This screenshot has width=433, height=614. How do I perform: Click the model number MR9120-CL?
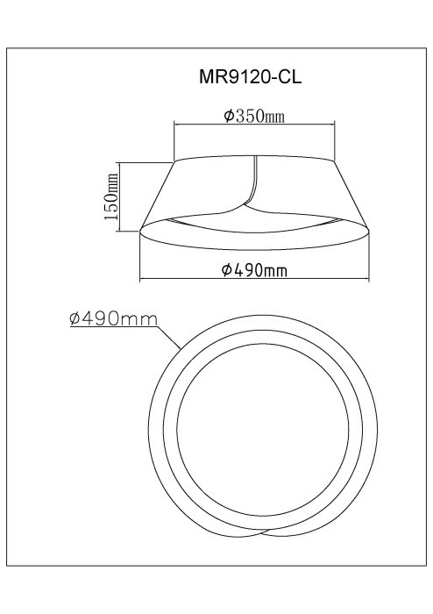[x=251, y=77]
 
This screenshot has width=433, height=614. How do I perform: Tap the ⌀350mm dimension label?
[x=254, y=117]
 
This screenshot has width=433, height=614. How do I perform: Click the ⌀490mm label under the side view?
[x=254, y=270]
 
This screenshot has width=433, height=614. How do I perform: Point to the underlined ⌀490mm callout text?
[x=113, y=319]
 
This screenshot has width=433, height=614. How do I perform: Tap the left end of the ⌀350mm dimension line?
[x=174, y=125]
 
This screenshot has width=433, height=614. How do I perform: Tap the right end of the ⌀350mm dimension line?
[x=335, y=125]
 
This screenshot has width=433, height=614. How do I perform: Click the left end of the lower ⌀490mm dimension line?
[x=140, y=279]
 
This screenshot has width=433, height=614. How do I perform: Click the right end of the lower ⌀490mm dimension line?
[x=368, y=279]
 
